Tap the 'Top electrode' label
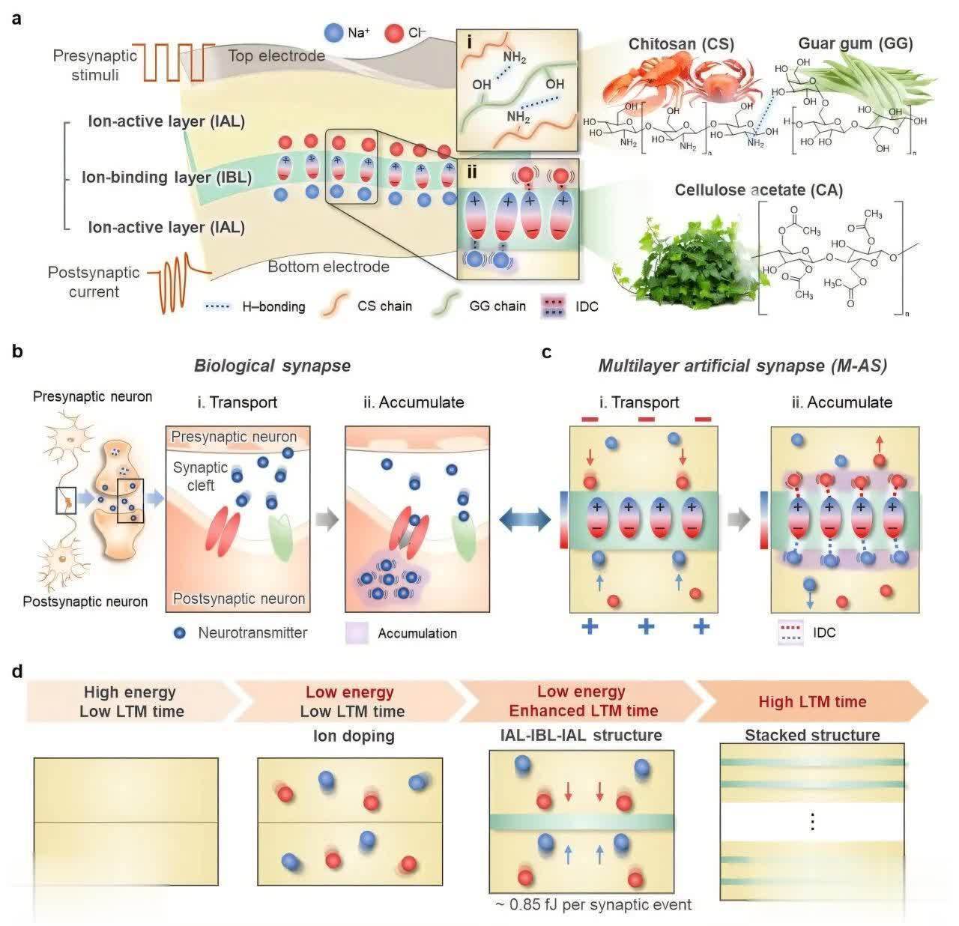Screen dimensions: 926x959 [276, 55]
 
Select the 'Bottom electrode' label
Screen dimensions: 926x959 [328, 266]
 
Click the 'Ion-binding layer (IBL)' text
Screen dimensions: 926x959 [166, 178]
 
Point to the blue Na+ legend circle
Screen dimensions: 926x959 [333, 33]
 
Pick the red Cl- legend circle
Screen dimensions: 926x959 [393, 33]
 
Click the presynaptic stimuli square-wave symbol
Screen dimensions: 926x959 [179, 61]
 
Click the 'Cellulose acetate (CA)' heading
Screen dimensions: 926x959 [758, 190]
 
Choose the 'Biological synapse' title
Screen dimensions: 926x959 [272, 366]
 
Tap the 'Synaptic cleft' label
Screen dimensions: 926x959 [200, 476]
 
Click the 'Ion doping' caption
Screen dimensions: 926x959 [354, 736]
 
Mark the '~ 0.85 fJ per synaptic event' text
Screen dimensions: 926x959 [593, 904]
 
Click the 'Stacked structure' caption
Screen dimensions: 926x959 [812, 735]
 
